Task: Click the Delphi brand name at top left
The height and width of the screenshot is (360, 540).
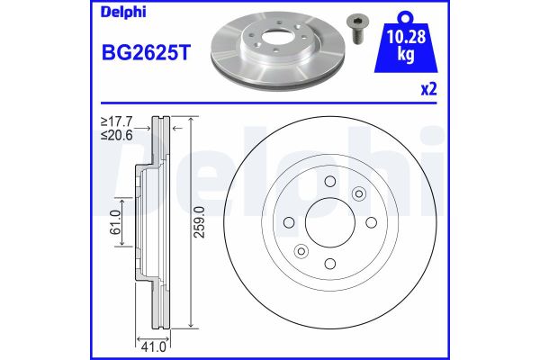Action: coord(123,13)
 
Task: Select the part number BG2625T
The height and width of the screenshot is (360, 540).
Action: coord(146,53)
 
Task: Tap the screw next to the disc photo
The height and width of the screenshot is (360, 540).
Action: coord(355,29)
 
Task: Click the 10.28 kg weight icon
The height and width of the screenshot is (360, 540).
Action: coord(406,42)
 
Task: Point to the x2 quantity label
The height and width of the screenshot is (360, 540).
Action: coord(429,89)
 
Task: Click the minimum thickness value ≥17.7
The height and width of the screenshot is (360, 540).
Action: coord(116,121)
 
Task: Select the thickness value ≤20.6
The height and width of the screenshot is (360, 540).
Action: coord(116,135)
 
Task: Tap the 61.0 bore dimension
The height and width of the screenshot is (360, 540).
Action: coord(117,222)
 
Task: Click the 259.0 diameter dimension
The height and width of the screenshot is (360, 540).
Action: coord(199,222)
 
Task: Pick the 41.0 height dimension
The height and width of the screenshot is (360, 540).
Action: coord(154,346)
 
